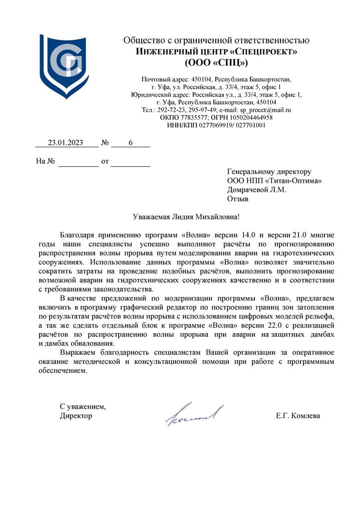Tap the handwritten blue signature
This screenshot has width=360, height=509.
(194, 414)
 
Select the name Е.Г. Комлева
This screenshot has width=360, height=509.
(297, 416)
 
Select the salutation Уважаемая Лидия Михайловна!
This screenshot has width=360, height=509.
(186, 216)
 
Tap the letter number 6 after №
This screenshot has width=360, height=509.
(131, 143)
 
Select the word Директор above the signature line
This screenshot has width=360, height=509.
(76, 416)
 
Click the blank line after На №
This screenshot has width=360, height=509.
(79, 162)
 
